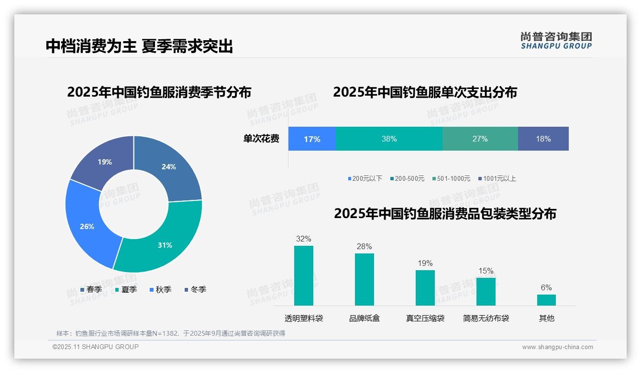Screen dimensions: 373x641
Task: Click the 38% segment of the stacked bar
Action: click(389, 139)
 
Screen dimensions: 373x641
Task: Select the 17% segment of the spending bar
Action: click(312, 139)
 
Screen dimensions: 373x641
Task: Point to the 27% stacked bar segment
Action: click(480, 139)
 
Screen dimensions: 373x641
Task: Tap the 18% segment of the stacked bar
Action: click(543, 139)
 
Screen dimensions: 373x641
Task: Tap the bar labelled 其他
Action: click(546, 300)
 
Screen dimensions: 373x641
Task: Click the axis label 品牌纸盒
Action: click(365, 318)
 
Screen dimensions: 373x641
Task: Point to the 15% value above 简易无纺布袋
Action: click(486, 271)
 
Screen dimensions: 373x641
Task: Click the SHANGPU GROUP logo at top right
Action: click(556, 41)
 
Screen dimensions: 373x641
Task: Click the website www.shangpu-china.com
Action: click(557, 347)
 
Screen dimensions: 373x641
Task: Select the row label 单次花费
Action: click(261, 139)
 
